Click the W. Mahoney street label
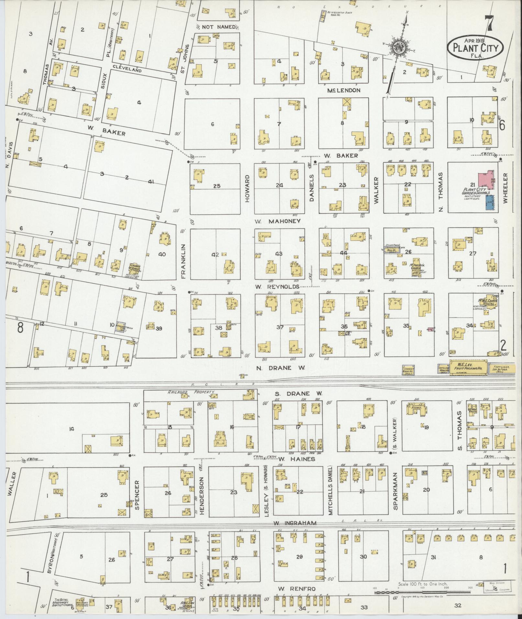pos(277,221)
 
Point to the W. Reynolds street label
pos(277,287)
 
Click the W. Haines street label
pos(297,459)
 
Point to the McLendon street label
pos(343,90)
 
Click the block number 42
pos(215,255)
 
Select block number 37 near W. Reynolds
pos(280,327)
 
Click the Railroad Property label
pos(191,392)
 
